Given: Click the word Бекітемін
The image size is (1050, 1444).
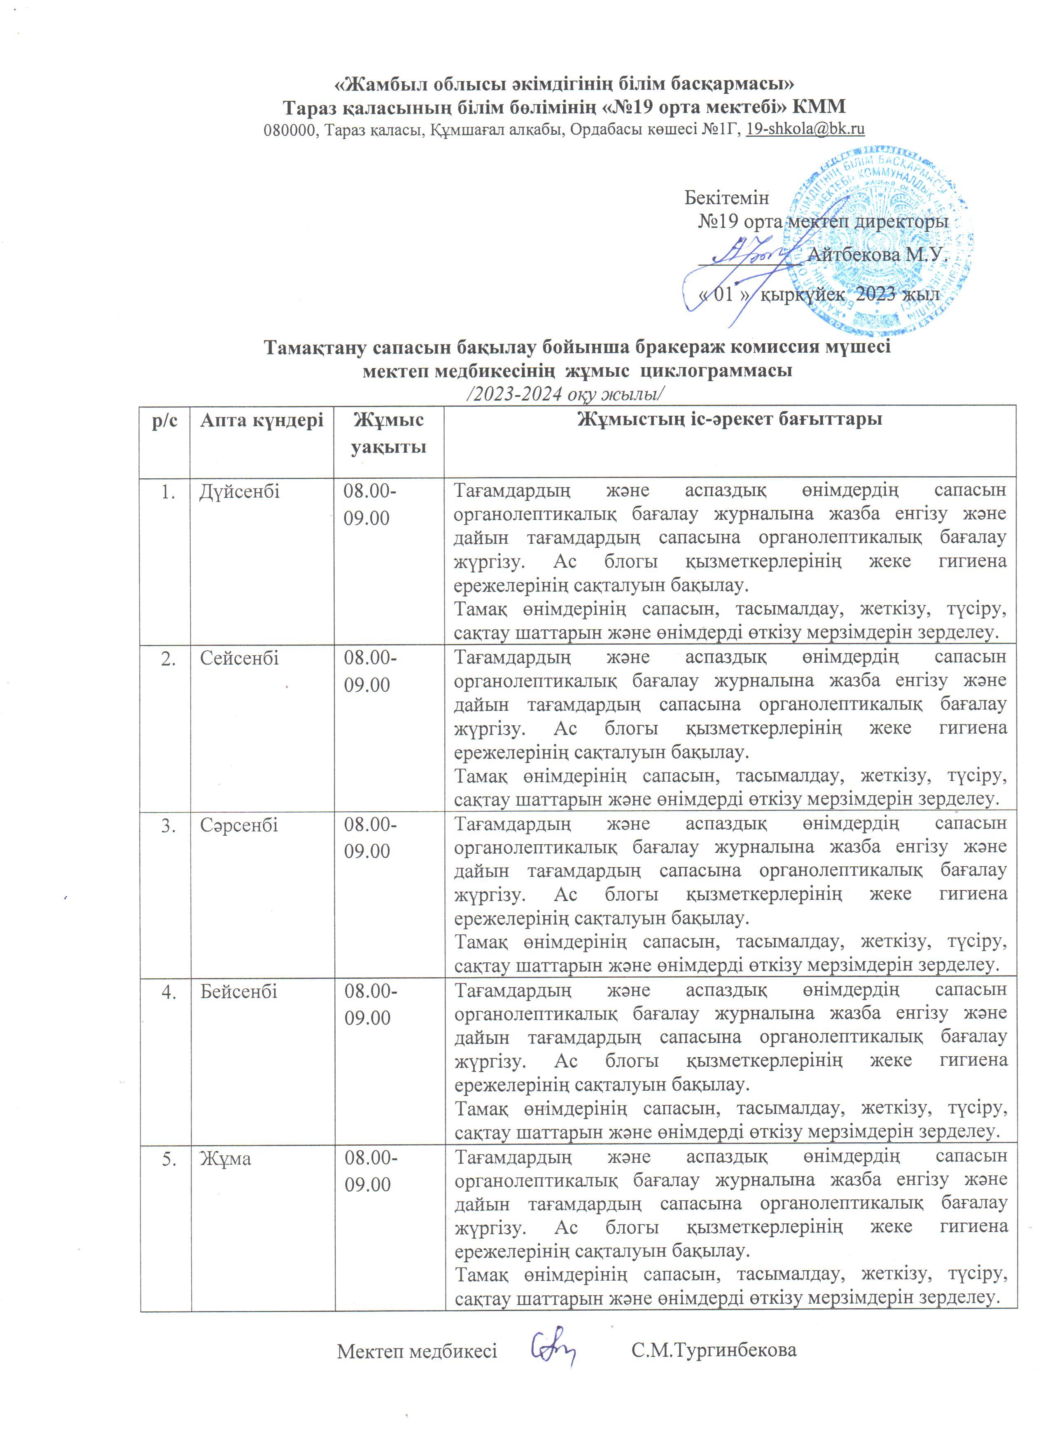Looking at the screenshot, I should click(726, 197).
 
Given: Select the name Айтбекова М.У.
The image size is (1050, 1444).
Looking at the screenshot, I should click(877, 255).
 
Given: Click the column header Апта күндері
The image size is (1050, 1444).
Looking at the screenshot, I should click(262, 420).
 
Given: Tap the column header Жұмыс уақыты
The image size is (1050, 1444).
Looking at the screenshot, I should click(388, 433).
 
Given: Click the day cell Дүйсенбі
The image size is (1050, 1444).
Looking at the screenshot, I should click(239, 491).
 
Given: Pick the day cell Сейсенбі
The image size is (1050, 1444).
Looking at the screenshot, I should click(239, 658).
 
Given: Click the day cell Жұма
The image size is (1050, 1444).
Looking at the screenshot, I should click(225, 1159).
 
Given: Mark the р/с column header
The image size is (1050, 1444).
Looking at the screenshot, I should click(165, 421).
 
